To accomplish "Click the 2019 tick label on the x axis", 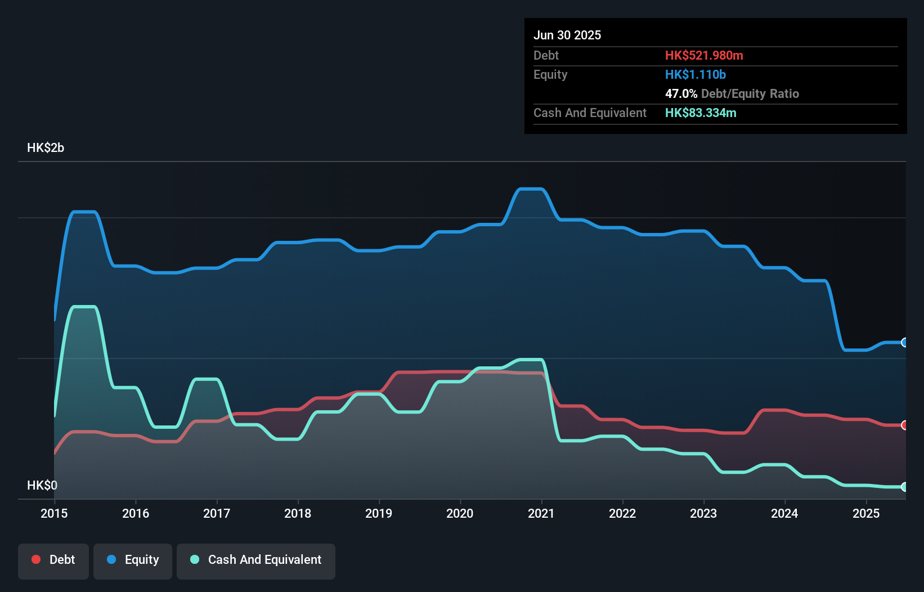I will tap(379, 513).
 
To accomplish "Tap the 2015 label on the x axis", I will tap(54, 513).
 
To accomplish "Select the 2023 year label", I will tap(703, 513).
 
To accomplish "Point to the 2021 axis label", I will tap(541, 513).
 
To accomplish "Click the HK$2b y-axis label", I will tap(46, 148).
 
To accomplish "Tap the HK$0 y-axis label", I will tap(42, 485).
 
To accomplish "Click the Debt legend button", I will tap(53, 560).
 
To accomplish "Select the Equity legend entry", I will tap(133, 560).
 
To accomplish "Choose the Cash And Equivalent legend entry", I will tap(256, 560).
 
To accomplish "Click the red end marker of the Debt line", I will tap(904, 425).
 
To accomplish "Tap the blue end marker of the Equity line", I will tap(904, 342).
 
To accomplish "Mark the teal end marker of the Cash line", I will tap(904, 487).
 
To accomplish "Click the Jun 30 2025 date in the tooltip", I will tap(567, 35).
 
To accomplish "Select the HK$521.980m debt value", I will tap(704, 55).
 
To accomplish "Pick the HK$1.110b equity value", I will tap(696, 74).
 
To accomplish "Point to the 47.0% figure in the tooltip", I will tap(681, 93).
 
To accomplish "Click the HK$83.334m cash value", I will tap(701, 113).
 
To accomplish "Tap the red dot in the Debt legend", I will tap(36, 559).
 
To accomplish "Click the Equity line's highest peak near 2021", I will tap(530, 189).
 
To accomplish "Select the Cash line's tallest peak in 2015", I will tap(84, 307).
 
